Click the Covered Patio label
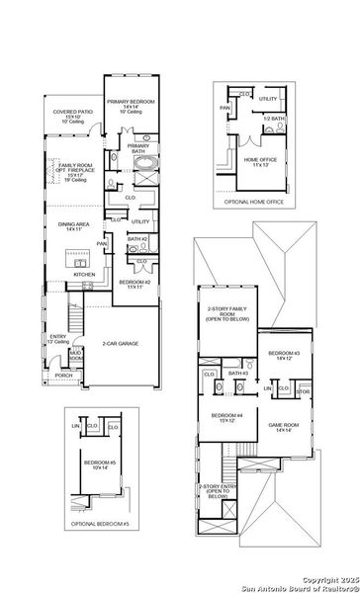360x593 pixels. click(72, 113)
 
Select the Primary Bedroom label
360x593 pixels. click(131, 102)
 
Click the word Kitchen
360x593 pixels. click(70, 274)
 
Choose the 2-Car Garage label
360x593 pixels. click(118, 343)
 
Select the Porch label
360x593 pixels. click(63, 376)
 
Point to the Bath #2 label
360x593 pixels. click(137, 239)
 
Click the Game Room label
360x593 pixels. click(285, 425)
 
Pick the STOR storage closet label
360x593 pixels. click(303, 391)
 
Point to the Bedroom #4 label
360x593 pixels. click(226, 417)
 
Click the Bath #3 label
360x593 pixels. click(238, 373)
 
